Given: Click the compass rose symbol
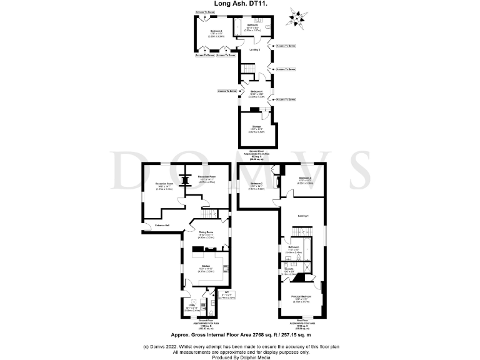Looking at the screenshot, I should coord(296,17).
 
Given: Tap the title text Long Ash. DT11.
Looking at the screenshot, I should coord(240,4).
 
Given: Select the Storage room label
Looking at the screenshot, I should coord(254,127).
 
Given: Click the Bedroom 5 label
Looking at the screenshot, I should coord(217,31).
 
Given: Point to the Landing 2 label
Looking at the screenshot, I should coord(254,49).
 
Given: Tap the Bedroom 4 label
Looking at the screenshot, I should coord(255,91).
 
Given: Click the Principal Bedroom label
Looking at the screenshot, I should coord(302,296).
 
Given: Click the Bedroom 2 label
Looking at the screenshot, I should coord(257,183).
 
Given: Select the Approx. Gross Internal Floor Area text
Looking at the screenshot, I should coord(240,336).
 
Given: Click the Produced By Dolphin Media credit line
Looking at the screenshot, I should coord(240,356).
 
